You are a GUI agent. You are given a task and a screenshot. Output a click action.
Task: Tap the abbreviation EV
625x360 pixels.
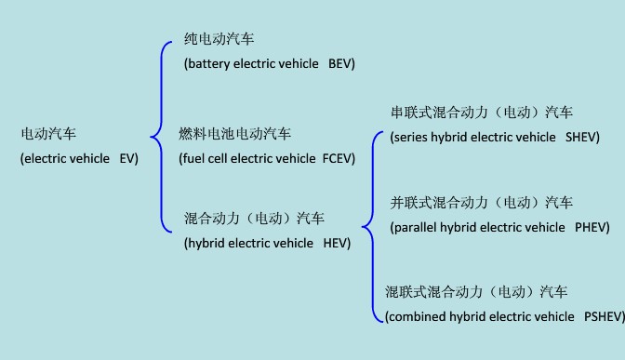pos(127,159)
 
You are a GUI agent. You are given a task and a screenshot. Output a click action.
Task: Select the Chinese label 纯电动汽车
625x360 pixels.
pos(219,39)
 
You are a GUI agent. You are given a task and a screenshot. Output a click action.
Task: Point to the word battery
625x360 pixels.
pos(213,63)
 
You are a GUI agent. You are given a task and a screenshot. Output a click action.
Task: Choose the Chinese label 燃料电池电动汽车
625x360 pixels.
pos(234,135)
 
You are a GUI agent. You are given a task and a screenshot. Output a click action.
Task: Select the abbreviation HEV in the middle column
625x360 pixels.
pos(335,244)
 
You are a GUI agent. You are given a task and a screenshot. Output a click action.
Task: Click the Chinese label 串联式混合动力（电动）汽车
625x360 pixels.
pos(482,113)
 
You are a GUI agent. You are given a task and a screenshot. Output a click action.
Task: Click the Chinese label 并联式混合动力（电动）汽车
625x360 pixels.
pos(482,203)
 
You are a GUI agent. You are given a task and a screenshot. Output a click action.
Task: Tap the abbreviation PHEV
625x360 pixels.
pos(591,227)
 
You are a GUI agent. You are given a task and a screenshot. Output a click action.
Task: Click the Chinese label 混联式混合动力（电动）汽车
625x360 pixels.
pos(477,292)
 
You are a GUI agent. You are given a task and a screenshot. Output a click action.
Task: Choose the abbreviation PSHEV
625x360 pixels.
pos(602,317)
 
